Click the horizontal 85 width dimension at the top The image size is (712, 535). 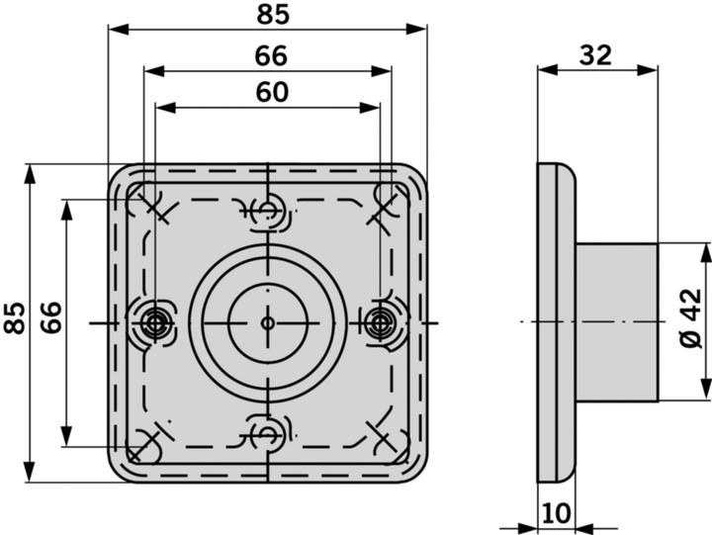pyautogui.click(x=267, y=15)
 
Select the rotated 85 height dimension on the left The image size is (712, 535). pyautogui.click(x=14, y=319)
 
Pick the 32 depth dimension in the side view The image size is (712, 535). pyautogui.click(x=595, y=54)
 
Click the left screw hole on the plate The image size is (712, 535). pyautogui.click(x=154, y=322)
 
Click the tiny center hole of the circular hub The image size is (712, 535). pyautogui.click(x=267, y=322)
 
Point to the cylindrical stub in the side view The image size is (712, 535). pyautogui.click(x=617, y=322)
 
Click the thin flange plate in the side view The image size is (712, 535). pyautogui.click(x=555, y=322)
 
